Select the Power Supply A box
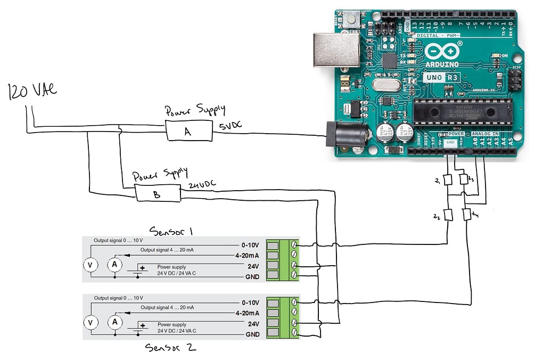[188, 130]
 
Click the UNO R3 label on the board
[441, 78]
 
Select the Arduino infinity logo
[443, 52]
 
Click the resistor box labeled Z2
[448, 215]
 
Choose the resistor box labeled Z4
[466, 215]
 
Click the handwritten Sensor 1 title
[171, 231]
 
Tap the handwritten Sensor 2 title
[171, 348]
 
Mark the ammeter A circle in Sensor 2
[114, 322]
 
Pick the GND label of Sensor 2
[252, 334]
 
